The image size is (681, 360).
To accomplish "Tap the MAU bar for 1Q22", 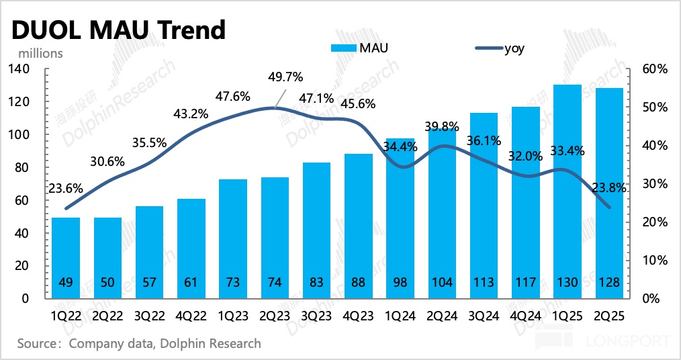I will coord(66,258).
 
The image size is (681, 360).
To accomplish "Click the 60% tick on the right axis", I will coord(651,69).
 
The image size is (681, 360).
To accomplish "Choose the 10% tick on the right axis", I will coord(651,260).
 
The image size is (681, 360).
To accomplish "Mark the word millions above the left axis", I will coord(40,52).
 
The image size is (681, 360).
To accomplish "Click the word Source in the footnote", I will coord(35,343).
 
